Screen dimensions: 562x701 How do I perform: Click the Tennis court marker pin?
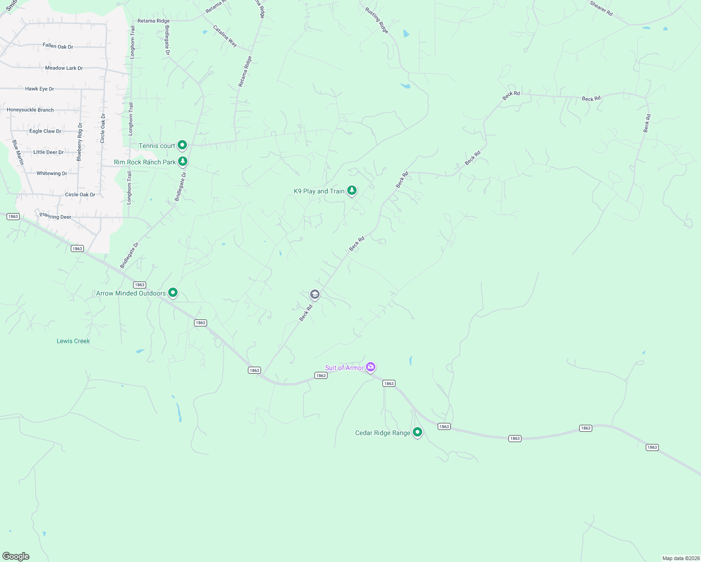182,145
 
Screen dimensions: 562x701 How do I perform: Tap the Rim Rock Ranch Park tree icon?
183,162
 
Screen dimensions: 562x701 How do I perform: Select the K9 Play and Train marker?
352,190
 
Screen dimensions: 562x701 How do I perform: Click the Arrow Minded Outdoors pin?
173,293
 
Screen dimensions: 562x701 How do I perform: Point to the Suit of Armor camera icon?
371,367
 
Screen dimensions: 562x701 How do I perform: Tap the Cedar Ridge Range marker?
418,432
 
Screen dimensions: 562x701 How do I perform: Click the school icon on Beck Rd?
315,294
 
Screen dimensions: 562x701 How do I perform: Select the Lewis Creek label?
73,341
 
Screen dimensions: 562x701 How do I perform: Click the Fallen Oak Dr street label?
58,46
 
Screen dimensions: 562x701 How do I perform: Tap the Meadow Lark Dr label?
64,68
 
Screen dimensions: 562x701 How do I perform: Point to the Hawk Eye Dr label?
39,89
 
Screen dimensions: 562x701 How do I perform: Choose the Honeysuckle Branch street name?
30,110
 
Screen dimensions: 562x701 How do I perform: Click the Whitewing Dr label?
52,173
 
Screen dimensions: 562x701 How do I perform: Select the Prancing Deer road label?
55,216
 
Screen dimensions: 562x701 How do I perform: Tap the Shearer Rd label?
601,8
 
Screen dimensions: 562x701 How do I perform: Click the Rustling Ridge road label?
377,21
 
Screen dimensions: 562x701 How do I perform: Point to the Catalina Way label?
225,36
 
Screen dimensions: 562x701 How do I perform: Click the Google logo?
16,556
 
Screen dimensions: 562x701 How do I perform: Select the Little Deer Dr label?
48,152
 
